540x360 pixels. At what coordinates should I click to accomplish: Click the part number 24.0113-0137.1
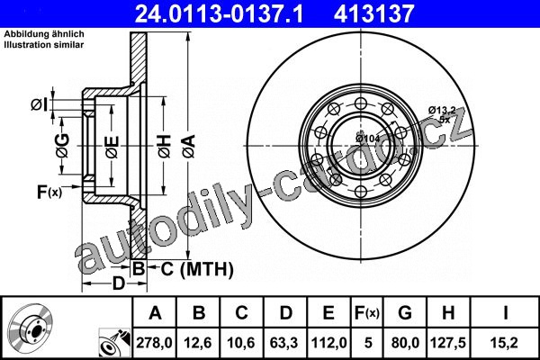coord(219,13)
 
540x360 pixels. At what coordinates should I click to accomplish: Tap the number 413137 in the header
coord(373,13)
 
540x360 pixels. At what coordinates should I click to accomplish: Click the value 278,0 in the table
coord(154,343)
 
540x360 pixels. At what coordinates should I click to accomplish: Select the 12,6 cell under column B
coord(198,343)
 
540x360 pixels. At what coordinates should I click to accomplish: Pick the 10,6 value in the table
coord(241,343)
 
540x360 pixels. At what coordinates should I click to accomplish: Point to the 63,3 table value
coord(284,343)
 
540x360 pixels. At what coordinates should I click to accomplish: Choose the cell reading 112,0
coord(328,343)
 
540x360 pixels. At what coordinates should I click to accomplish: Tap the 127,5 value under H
coord(448,343)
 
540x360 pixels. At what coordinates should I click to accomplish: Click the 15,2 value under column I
coord(505,343)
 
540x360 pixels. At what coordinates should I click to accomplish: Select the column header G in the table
coord(405,313)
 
